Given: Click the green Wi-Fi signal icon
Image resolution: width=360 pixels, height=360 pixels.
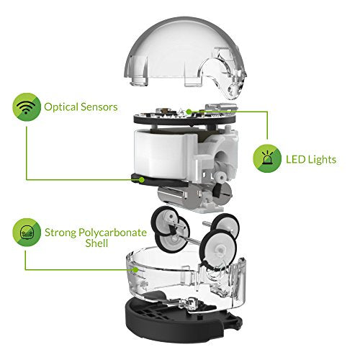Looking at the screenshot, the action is (x=27, y=107).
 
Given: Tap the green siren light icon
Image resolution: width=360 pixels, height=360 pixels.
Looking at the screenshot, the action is (x=267, y=158).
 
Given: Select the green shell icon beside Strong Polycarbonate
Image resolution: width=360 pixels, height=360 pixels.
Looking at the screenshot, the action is (x=27, y=233).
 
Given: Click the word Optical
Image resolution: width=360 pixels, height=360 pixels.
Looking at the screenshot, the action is (x=61, y=107).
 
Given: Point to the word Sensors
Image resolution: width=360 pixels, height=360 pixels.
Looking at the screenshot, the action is (x=99, y=107).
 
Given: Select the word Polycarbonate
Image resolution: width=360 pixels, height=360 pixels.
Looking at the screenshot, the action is (x=112, y=233).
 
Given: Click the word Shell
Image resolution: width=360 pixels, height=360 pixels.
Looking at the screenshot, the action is (x=96, y=243).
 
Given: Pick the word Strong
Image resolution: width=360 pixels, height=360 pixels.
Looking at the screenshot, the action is (x=60, y=233).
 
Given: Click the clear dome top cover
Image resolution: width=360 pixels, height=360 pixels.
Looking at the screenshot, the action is (x=185, y=55).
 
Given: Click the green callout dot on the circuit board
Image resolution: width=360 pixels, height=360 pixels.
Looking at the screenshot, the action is (x=189, y=112).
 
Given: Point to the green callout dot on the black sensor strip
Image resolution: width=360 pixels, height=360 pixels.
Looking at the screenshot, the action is (x=142, y=179).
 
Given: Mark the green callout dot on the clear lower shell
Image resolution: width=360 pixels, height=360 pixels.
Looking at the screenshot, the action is (x=136, y=270).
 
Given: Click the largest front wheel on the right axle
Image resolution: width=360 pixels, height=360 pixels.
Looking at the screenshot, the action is (x=219, y=251).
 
